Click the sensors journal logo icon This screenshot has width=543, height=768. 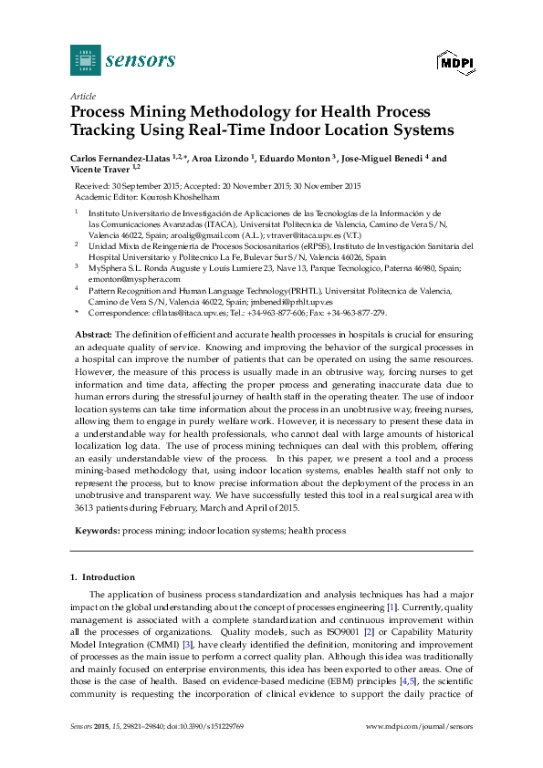click(85, 60)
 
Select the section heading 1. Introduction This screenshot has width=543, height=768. click(102, 577)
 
